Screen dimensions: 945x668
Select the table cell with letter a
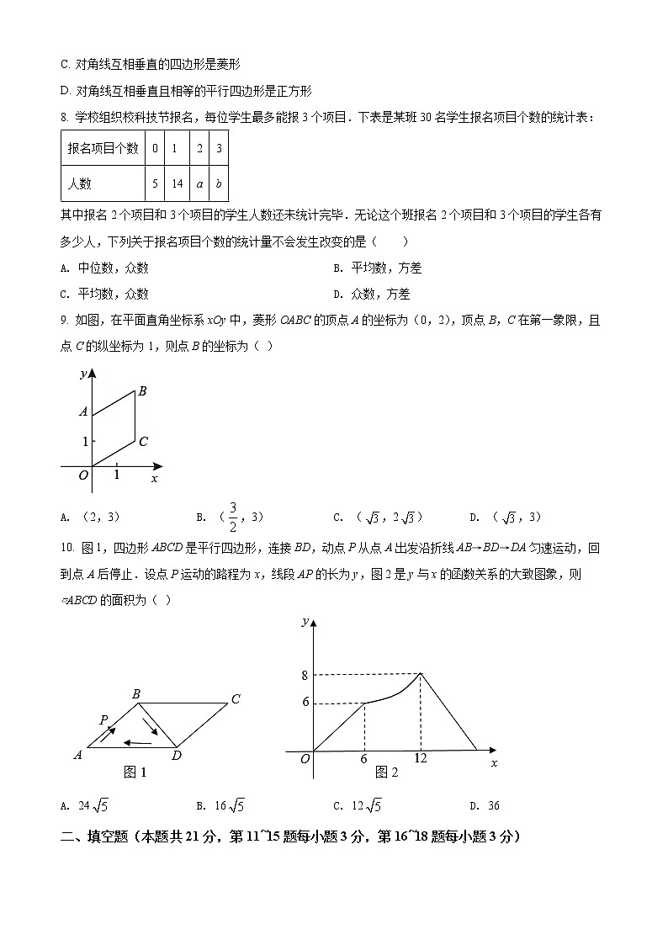pos(199,183)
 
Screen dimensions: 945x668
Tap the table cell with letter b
pos(219,183)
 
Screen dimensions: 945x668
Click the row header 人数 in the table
pos(81,183)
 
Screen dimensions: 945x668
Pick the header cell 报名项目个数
pos(103,149)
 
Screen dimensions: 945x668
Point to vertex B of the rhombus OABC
pos(142,390)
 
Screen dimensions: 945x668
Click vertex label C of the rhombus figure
pos(144,442)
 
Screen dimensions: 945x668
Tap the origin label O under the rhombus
pos(82,476)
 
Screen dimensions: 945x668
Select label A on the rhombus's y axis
pos(82,412)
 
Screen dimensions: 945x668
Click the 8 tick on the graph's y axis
pos(305,674)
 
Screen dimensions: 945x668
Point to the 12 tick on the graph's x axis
pos(421,758)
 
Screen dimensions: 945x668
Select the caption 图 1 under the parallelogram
pos(135,772)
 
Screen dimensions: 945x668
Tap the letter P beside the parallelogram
pos(103,720)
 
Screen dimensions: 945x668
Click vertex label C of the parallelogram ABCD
pos(236,699)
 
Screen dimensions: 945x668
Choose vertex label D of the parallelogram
pos(177,755)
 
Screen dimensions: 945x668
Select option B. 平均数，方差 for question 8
pos(377,268)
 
